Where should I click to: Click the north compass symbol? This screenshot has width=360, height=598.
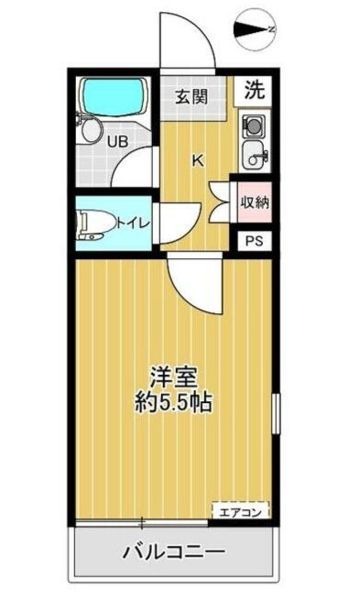(x=254, y=31)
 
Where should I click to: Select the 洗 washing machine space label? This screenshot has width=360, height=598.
(x=256, y=90)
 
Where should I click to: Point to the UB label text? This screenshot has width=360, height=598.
(x=117, y=142)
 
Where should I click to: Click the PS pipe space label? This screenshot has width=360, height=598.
(x=254, y=242)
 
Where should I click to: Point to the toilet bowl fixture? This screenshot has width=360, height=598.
(x=93, y=223)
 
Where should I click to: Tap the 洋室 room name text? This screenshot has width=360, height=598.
(x=172, y=376)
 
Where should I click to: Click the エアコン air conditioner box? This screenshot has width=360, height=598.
(x=240, y=512)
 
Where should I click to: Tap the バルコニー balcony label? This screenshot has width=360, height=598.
(x=172, y=552)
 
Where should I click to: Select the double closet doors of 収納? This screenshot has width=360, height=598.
(x=220, y=200)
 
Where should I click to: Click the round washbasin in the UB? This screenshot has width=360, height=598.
(x=90, y=132)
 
